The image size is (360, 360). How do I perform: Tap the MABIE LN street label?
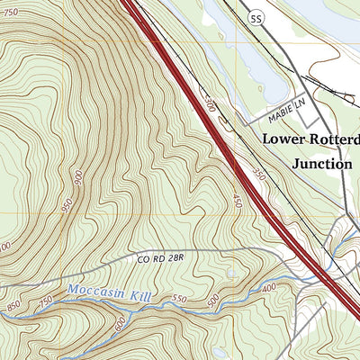point(285,117)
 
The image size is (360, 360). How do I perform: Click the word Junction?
point(321,164)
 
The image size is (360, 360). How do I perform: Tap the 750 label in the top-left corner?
point(10,11)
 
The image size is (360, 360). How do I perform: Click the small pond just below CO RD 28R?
point(232,272)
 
